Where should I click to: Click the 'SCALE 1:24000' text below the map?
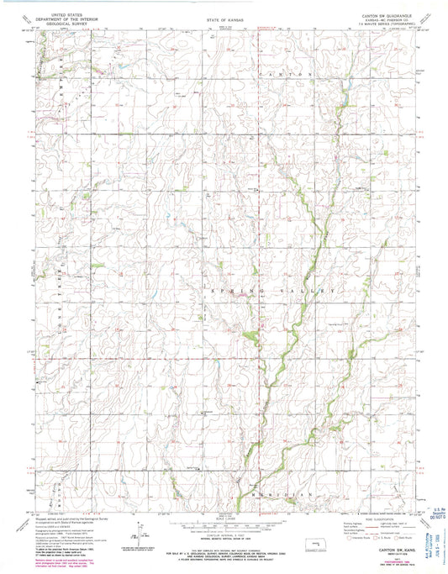click(224, 519)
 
